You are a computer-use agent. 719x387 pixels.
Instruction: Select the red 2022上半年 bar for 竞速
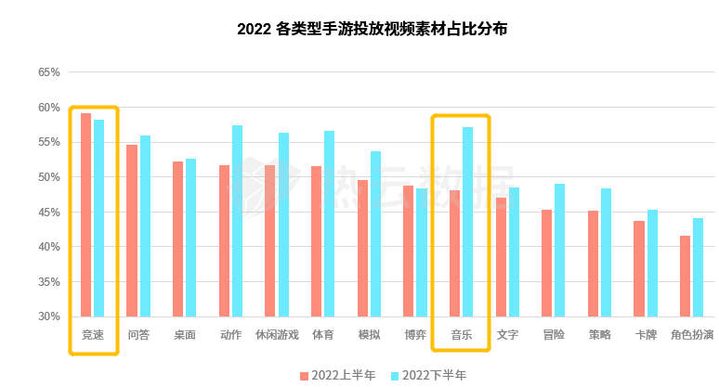coord(86,214)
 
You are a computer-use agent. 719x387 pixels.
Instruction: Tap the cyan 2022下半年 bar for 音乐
coord(468,222)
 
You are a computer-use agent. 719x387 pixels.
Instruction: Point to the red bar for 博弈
coord(409,251)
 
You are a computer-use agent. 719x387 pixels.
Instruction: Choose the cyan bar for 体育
coord(330,224)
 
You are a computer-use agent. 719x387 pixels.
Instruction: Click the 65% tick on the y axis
coord(49,72)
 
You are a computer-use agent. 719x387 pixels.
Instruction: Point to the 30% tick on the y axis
coord(49,316)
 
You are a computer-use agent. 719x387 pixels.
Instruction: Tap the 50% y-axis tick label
coord(49,177)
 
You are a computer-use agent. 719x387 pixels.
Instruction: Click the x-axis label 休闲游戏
coord(277,335)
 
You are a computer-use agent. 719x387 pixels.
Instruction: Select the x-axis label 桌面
coord(184,335)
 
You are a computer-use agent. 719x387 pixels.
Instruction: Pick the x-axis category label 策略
coord(599,335)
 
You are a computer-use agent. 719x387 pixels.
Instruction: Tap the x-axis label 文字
coord(507,335)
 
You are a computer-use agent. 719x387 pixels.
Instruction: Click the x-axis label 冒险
coord(553,335)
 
